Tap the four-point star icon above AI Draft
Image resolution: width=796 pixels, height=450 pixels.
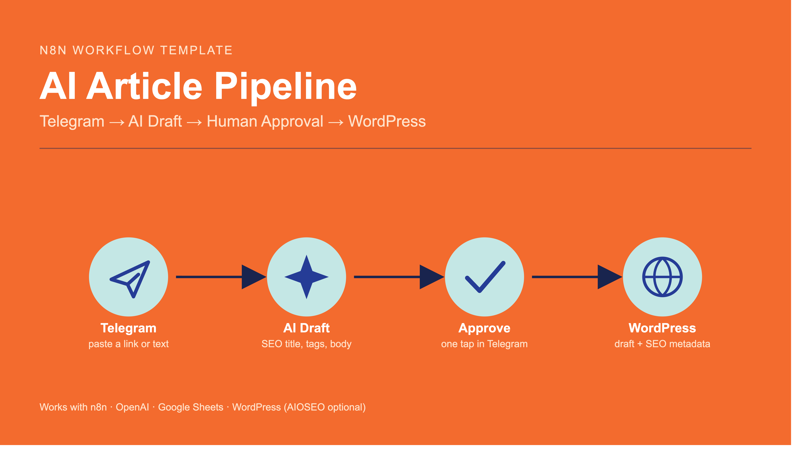point(308,279)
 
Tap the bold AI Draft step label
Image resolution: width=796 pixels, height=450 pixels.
point(308,330)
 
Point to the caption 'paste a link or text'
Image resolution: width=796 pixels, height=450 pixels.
point(129,346)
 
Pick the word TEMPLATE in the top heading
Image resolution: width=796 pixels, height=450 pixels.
point(198,51)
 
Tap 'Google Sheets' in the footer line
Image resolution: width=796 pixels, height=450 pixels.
point(192,410)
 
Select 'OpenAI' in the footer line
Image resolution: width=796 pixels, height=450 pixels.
point(133,410)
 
